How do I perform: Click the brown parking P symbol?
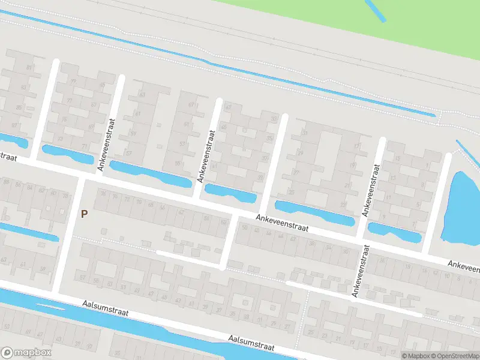coord(85,213)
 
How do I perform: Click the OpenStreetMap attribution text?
coord(455,356)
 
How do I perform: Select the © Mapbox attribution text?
coord(416,356)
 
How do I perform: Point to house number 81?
coord(29,68)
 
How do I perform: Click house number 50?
coord(244,227)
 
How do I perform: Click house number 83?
coord(24,88)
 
